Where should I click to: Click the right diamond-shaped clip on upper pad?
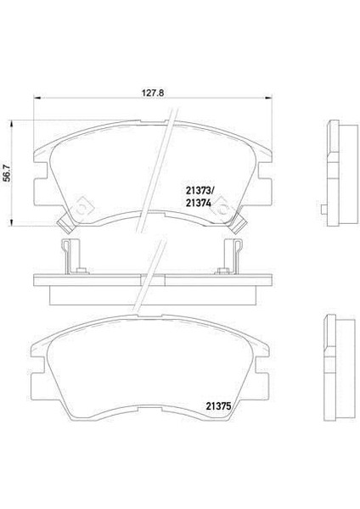[222, 204]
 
